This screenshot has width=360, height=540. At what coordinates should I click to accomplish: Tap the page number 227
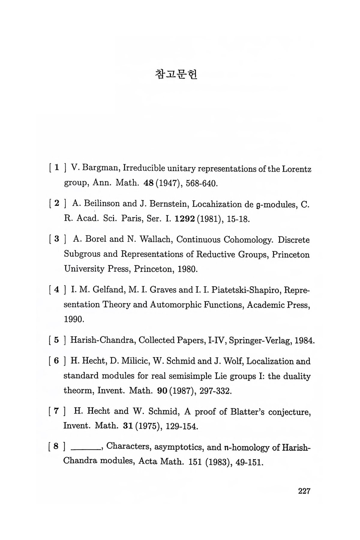[x=304, y=491]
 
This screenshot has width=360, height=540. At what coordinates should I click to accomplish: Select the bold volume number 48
[x=149, y=183]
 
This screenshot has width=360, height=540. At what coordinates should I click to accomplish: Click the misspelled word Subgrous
[x=82, y=254]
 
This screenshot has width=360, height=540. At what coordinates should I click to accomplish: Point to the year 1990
[x=73, y=319]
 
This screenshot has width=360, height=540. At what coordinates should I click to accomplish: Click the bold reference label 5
[x=56, y=340]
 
